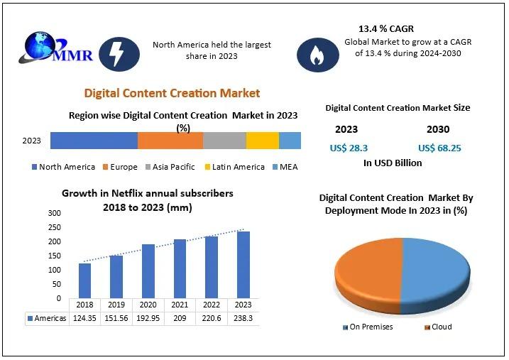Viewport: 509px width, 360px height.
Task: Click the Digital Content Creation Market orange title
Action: click(173, 93)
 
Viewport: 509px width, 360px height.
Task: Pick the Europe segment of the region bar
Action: click(170, 141)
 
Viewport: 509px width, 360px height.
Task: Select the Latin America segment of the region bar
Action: click(262, 141)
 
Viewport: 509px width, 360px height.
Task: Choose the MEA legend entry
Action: click(283, 167)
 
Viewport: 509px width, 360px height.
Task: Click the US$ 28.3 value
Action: click(348, 148)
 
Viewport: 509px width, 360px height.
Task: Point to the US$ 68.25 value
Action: click(439, 148)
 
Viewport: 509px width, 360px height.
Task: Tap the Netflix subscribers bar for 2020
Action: click(148, 271)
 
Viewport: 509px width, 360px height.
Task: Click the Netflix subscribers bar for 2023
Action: click(243, 265)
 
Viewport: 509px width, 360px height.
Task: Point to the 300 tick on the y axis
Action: click(54, 213)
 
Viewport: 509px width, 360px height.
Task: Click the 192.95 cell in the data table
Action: click(148, 319)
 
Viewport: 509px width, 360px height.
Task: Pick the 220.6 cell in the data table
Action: click(212, 319)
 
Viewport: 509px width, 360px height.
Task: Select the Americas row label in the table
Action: click(49, 319)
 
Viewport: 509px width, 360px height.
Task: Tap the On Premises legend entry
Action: click(371, 327)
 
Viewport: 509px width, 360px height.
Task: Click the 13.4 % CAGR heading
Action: click(388, 29)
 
